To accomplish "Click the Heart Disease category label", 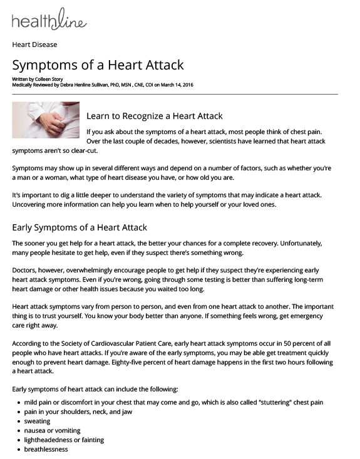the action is click(34, 45).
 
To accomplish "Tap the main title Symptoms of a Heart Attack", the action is click(98, 65).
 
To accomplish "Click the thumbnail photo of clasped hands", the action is click(46, 120).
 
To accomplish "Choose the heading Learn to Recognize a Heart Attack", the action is click(154, 116).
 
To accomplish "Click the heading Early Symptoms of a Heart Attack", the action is click(80, 227).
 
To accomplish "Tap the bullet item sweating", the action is click(37, 421).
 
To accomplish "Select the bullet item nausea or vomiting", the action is click(52, 430).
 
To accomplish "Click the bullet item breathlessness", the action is click(46, 449).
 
